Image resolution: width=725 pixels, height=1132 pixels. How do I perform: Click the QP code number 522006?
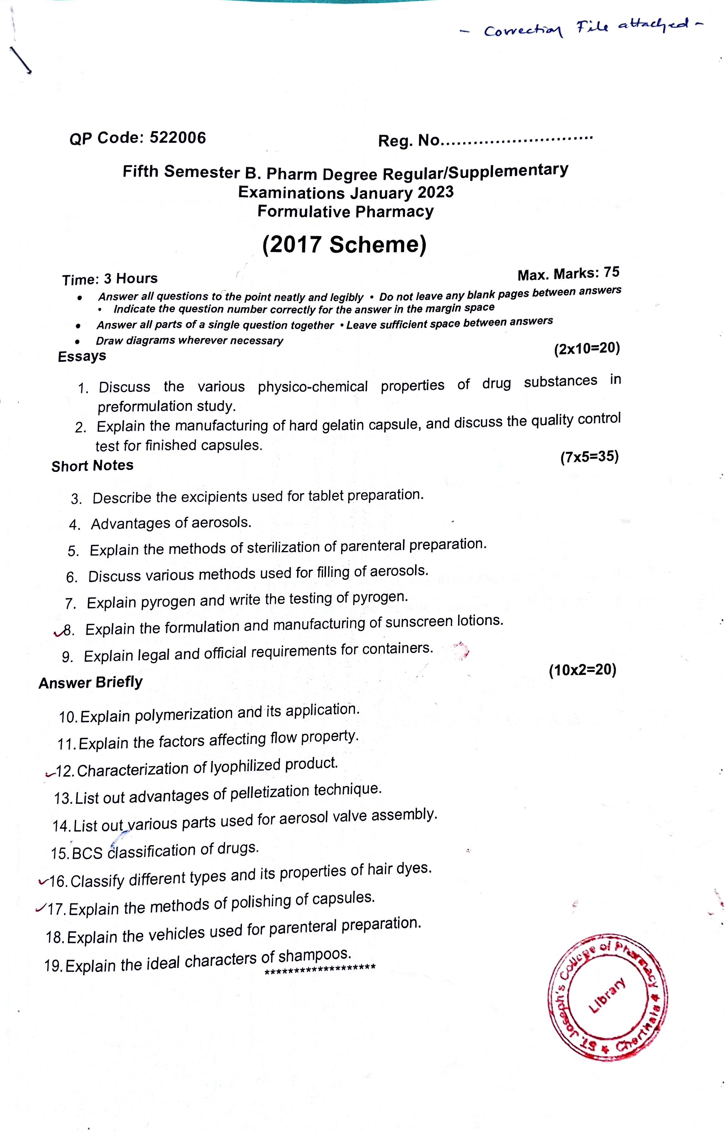pos(178,138)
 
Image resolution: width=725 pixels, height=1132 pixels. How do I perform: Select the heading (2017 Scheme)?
pos(344,245)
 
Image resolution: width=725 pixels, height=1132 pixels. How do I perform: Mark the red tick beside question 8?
pos(59,633)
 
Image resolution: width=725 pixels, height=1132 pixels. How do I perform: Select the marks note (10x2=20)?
pos(582,670)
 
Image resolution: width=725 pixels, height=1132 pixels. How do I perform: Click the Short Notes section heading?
pos(92,466)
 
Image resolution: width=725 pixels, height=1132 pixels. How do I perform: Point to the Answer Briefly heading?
pos(91,682)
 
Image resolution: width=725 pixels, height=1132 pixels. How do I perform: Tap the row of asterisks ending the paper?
pos(320,968)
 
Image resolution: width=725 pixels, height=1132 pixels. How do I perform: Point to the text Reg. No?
pos(409,140)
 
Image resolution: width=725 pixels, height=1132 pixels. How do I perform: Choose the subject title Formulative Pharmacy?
pos(345,212)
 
